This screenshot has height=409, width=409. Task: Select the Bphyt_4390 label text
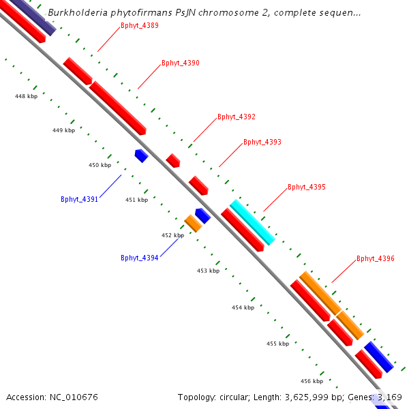coord(180,63)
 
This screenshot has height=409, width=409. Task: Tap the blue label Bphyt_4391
coord(79,199)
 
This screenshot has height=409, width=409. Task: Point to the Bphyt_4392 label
coord(236,117)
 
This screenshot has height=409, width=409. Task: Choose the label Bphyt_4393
coord(262,142)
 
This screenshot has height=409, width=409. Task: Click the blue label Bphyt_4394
coord(139,258)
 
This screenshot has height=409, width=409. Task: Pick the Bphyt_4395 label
coord(306,186)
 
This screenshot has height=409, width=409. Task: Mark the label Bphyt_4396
coord(375,258)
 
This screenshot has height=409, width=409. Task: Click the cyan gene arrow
coord(252,222)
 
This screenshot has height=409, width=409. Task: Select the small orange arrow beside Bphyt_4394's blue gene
coord(193,223)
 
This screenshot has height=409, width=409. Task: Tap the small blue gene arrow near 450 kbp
coord(141,155)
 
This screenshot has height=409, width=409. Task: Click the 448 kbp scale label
coord(26,96)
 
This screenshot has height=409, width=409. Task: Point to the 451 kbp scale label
coord(136,200)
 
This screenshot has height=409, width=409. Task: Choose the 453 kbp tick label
coord(208,271)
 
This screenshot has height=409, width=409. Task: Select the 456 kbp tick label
coord(312,380)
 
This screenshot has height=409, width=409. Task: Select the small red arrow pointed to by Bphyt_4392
coord(173,161)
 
